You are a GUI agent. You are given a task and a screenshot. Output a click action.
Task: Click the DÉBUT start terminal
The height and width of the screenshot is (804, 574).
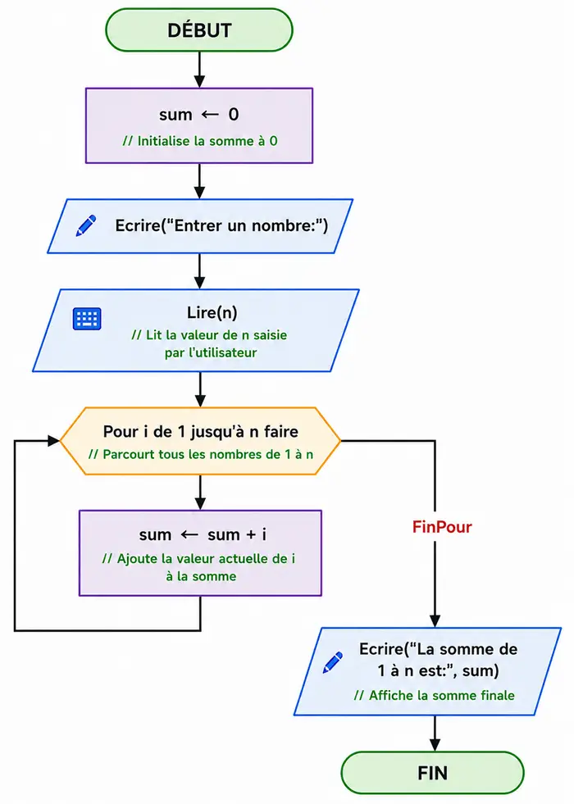tap(199, 30)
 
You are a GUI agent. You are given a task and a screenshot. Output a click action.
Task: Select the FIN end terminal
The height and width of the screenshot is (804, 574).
tap(432, 773)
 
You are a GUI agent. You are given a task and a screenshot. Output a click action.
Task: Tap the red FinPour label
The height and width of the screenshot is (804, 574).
tap(442, 527)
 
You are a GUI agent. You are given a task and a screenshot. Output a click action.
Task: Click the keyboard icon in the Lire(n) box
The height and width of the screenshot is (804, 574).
tap(87, 319)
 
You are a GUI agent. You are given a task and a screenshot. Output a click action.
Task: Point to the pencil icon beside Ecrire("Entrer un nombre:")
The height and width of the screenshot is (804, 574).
tap(85, 225)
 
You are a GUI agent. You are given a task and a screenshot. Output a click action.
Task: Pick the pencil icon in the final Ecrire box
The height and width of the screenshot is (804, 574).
tap(333, 662)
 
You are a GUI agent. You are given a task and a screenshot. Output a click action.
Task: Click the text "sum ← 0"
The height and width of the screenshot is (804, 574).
tap(199, 115)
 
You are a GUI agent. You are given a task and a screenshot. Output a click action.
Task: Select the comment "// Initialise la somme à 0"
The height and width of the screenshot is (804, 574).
tap(199, 141)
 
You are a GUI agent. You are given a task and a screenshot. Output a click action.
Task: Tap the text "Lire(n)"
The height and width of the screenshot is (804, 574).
tap(212, 312)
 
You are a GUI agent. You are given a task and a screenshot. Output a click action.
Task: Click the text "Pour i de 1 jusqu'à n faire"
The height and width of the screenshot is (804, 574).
tap(201, 431)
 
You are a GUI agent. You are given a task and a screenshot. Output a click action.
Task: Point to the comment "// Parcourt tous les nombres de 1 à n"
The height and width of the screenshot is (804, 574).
tap(201, 454)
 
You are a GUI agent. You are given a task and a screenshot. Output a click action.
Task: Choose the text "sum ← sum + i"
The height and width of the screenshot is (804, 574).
tap(203, 535)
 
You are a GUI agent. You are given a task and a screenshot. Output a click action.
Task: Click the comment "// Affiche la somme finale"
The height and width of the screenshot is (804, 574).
tap(434, 695)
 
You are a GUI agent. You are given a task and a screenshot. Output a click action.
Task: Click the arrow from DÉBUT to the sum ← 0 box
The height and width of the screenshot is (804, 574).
tap(199, 70)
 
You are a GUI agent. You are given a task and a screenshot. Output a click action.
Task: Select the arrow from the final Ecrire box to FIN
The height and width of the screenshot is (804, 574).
tap(435, 734)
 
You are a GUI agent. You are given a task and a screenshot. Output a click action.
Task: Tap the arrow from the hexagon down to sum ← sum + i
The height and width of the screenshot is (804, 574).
tap(201, 493)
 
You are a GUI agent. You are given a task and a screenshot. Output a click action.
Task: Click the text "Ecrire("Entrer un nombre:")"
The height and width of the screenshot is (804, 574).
tap(221, 225)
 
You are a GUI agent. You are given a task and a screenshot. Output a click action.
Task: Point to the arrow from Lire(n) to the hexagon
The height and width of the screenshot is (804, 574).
tap(201, 389)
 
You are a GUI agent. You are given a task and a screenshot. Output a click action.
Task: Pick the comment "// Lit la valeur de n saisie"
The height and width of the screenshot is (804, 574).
tap(209, 335)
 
